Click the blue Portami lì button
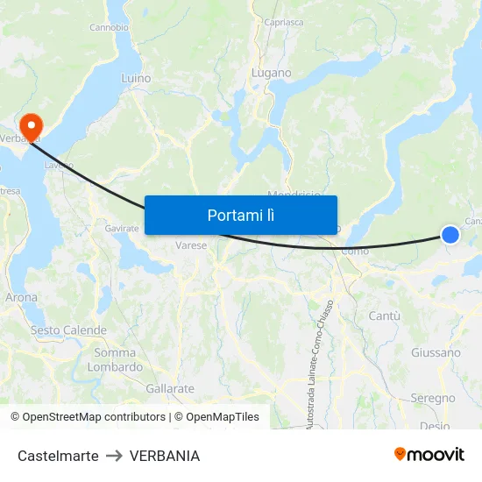tap(240, 215)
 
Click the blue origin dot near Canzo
tap(450, 234)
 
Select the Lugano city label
tap(272, 74)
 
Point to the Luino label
tap(136, 79)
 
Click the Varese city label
tap(191, 245)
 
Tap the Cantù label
tap(385, 315)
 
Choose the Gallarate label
tap(170, 388)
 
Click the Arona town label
tap(22, 298)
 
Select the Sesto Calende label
tap(69, 330)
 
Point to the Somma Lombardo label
tap(115, 360)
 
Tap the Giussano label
tap(436, 353)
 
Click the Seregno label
tap(433, 398)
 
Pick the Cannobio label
tap(110, 27)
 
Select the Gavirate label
tap(122, 228)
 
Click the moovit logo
tap(429, 455)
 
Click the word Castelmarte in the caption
tap(58, 456)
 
